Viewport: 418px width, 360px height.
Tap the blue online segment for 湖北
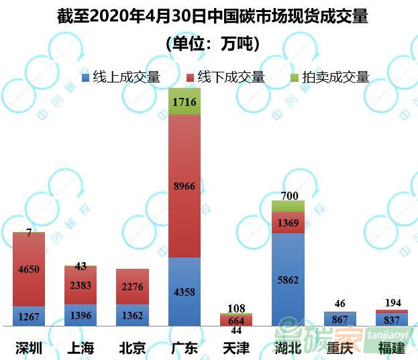click(x=289, y=295)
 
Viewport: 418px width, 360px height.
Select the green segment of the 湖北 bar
click(x=289, y=206)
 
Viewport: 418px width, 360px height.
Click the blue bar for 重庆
click(x=339, y=318)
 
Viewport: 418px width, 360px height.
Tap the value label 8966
click(x=185, y=186)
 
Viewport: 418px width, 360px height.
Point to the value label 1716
click(x=185, y=103)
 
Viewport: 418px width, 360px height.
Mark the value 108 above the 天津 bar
click(x=236, y=308)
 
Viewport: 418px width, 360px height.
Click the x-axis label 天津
click(x=236, y=347)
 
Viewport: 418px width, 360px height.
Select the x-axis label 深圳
click(x=29, y=347)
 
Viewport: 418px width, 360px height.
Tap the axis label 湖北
click(x=289, y=347)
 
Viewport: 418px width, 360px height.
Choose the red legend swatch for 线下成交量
click(x=190, y=77)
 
